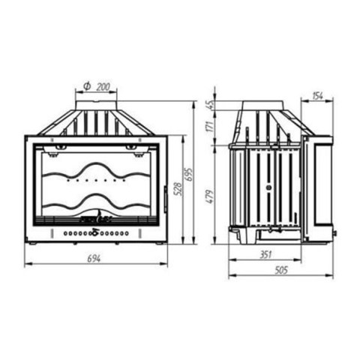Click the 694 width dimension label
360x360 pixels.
[94, 259]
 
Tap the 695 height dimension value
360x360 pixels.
[189, 175]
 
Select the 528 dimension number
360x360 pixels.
[178, 188]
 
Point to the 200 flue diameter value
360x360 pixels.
[103, 87]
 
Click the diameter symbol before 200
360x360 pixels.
[87, 86]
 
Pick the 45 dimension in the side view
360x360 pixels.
[211, 105]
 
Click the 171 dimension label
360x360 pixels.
[211, 126]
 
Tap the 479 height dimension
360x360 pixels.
[211, 196]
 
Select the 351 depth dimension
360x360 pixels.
[265, 254]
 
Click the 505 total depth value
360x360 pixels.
[281, 270]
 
